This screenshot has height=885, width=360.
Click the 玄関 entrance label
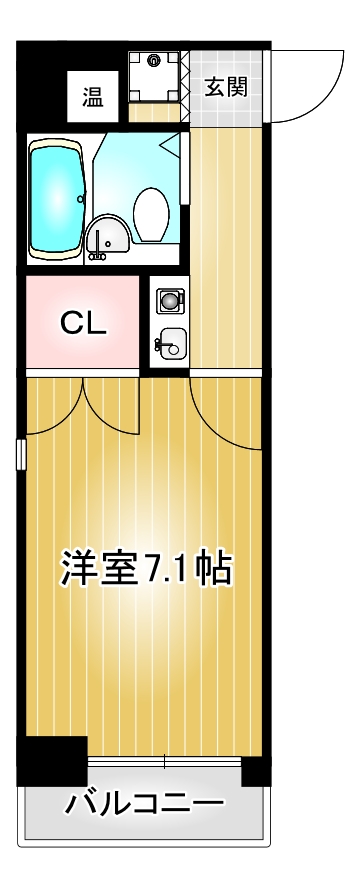(x=227, y=86)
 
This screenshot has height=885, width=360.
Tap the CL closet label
(x=82, y=323)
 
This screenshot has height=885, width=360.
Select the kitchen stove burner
(x=168, y=300)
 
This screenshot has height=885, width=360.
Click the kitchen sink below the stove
(x=169, y=345)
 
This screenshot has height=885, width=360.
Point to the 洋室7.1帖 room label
(x=146, y=569)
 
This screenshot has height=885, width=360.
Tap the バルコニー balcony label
(x=145, y=802)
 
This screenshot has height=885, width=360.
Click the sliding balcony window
(x=165, y=763)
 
